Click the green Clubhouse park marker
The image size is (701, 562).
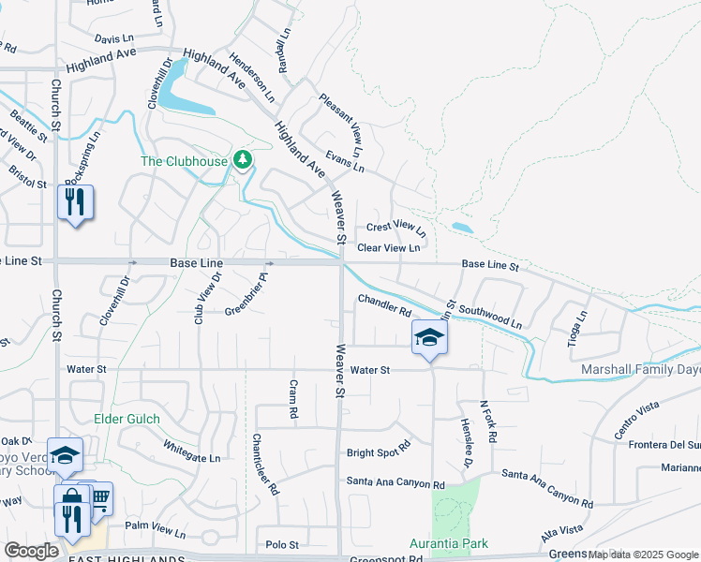pos(244,160)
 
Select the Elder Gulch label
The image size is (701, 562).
pos(127,419)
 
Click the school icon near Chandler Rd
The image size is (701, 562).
pos(428,337)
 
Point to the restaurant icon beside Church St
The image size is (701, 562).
pos(75,202)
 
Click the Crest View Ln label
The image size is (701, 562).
pos(395,227)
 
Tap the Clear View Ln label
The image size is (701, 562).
pos(395,247)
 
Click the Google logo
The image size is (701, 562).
pos(31,551)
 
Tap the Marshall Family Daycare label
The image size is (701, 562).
pos(640,370)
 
